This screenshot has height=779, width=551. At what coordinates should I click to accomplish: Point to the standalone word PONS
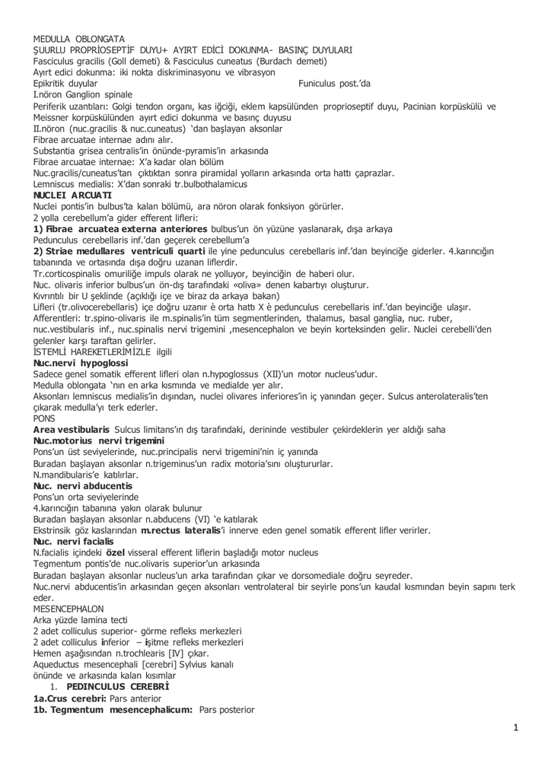coord(45,418)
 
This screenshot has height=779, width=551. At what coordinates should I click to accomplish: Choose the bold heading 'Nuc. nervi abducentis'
coord(83,485)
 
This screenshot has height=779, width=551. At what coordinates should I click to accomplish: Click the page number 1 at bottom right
coord(515,728)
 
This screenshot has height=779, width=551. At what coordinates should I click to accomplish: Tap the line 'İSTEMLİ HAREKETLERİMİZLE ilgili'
coord(103,352)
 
